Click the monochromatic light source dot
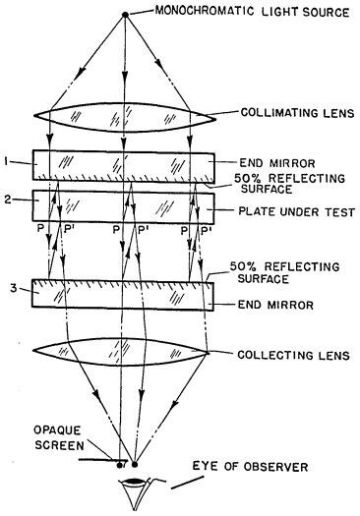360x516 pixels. (125, 14)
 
